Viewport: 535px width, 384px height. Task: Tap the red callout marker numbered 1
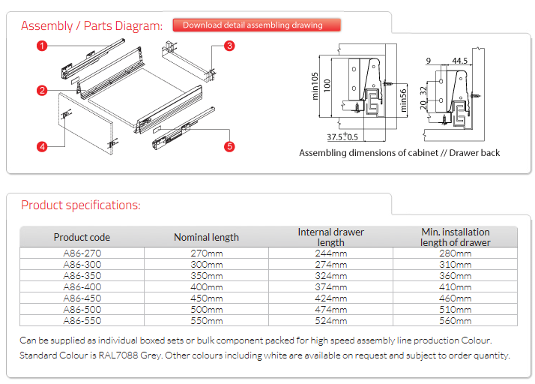click(x=43, y=46)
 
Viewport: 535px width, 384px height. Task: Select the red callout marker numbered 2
click(x=43, y=91)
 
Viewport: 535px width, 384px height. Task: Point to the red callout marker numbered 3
click(x=230, y=46)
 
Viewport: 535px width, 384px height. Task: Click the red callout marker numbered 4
click(x=43, y=147)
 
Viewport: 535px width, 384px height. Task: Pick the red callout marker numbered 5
click(x=229, y=146)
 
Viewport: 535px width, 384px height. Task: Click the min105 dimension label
click(x=316, y=87)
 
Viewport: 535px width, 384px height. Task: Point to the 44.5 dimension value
click(x=459, y=60)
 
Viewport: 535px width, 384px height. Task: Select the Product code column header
click(x=82, y=237)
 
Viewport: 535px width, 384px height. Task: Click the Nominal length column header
click(x=206, y=237)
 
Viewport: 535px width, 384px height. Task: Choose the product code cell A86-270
click(x=82, y=253)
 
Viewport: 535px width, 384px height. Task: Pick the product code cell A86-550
click(x=82, y=320)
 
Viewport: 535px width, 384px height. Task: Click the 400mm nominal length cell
click(x=207, y=286)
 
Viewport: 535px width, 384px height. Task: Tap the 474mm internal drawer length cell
click(x=330, y=309)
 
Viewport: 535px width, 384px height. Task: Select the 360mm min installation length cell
click(x=455, y=275)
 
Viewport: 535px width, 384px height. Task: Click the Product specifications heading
click(x=80, y=205)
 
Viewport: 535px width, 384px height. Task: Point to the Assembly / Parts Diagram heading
click(x=91, y=26)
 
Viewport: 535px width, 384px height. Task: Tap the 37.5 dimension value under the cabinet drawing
click(x=336, y=137)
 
